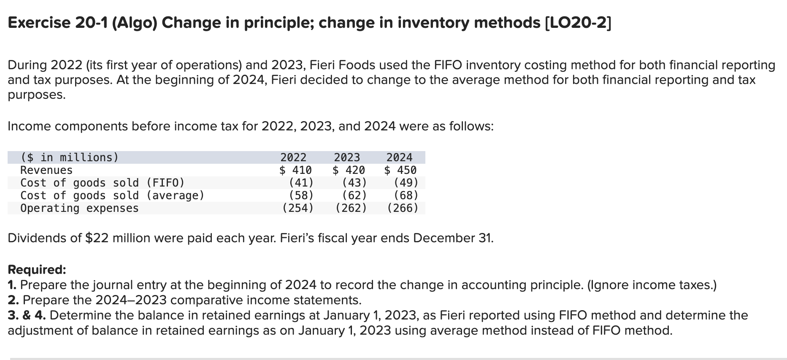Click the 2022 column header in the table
pos(293,157)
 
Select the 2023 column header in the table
pos(347,157)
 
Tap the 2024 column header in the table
pos(399,157)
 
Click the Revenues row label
pos(46,170)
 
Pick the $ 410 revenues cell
pos(296,170)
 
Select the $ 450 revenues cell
pos(400,170)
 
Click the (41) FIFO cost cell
pos(301,183)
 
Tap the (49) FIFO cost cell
pos(406,183)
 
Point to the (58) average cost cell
pos(301,195)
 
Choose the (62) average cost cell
pos(354,195)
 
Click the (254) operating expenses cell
pos(298,208)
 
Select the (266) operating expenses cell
pos(403,208)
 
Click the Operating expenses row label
pos(79,208)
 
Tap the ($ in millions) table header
pos(70,157)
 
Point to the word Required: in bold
pos(37,269)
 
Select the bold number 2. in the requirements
pos(14,300)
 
